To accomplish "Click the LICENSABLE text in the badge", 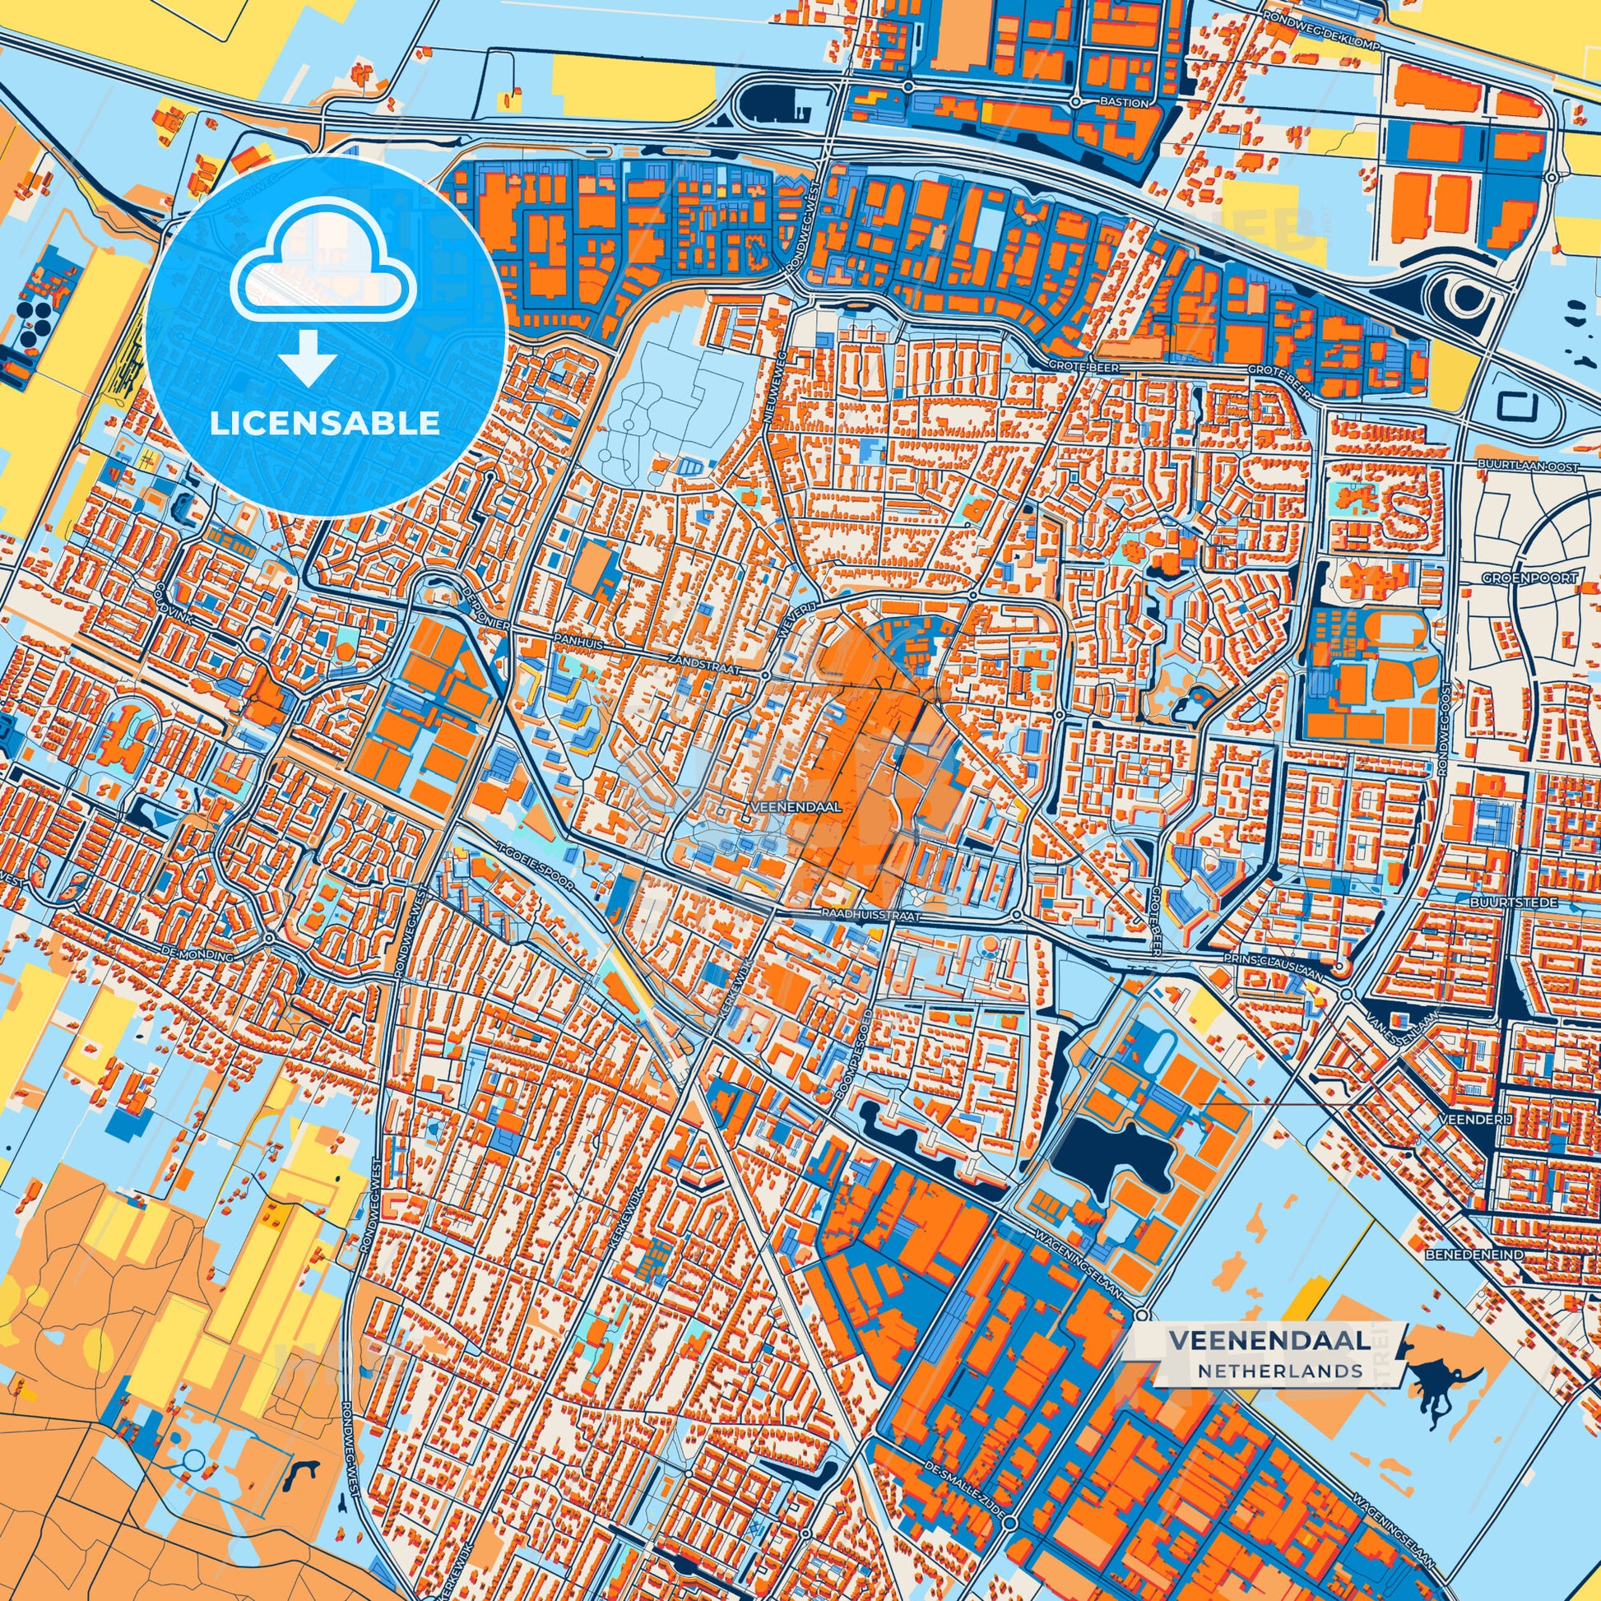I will [324, 424].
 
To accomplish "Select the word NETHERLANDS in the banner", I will [1279, 1371].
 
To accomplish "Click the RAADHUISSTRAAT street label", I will [871, 912].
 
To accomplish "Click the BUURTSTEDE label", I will [1525, 901].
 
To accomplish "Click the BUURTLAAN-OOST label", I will [1522, 465].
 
